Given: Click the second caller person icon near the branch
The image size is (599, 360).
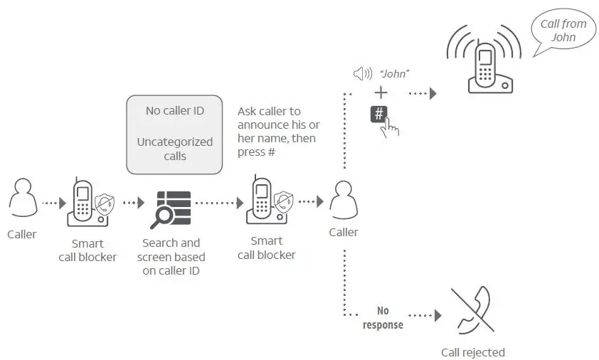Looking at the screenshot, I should [x=344, y=200].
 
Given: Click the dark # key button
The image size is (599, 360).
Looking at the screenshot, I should [x=379, y=113].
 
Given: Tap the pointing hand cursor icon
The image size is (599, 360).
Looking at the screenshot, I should [x=391, y=125].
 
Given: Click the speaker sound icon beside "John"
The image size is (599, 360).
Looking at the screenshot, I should [x=363, y=73].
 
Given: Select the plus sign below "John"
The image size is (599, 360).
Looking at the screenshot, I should [x=381, y=92].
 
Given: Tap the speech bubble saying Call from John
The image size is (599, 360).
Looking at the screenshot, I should [x=563, y=31].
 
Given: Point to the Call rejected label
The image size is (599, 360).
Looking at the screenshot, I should [x=472, y=352].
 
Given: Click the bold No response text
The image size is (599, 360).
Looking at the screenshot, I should [x=383, y=318].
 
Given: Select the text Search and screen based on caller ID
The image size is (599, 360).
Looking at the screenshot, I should [x=171, y=256].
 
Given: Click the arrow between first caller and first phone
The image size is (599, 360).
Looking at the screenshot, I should [x=54, y=203].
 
